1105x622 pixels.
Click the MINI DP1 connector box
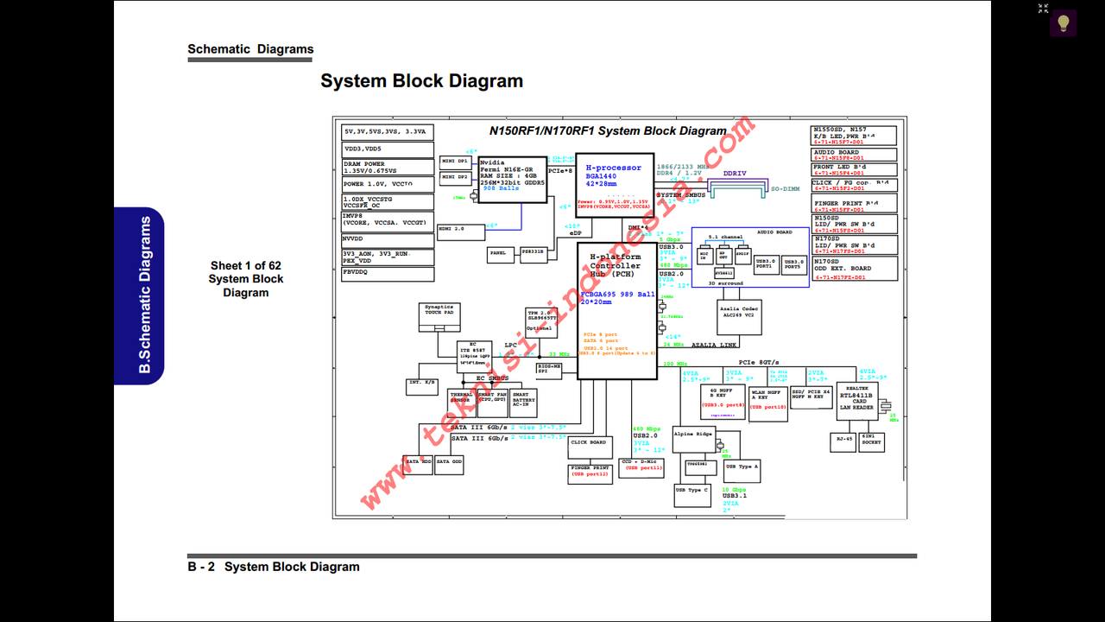[455, 162]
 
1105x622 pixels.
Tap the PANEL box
[499, 254]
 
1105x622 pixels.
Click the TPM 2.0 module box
[539, 320]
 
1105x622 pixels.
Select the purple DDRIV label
[735, 174]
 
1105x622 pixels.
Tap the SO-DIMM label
[785, 188]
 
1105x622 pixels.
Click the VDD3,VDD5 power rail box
[388, 149]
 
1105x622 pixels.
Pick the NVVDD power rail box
[388, 238]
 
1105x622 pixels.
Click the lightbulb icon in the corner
[1063, 23]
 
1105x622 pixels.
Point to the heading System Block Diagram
[421, 81]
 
